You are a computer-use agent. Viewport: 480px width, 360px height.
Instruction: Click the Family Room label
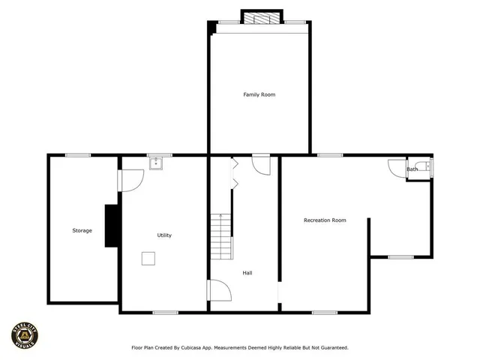point(253,94)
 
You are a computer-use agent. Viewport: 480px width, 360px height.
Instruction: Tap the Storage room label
point(82,230)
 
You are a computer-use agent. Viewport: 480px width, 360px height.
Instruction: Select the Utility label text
point(164,235)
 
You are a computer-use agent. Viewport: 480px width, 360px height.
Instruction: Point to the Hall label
point(247,273)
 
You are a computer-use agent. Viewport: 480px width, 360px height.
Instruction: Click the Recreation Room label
point(325,220)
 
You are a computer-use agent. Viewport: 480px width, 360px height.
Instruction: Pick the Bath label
point(412,169)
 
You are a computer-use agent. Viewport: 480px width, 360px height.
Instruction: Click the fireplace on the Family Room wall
point(262,17)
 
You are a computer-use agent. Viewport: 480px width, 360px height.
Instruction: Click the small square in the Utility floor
point(149,258)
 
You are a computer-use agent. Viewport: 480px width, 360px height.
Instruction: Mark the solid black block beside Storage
point(111,225)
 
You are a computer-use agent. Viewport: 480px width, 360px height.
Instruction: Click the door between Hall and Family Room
point(261,164)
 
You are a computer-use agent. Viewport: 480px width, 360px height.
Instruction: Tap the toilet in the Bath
point(424,167)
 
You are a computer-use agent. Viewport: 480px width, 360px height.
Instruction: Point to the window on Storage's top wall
point(78,155)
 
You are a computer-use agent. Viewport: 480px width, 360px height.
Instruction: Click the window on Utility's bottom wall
point(165,312)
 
